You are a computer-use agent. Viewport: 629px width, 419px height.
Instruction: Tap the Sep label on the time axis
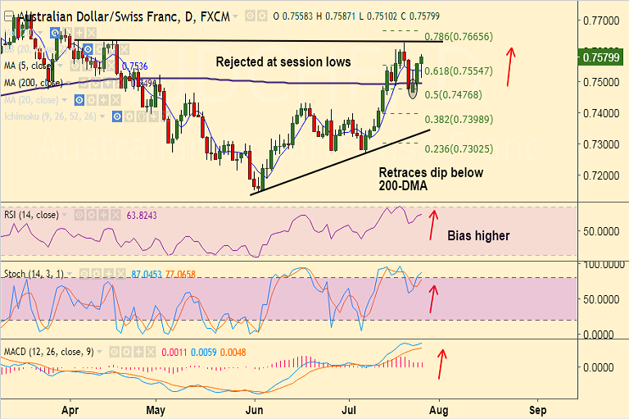538,407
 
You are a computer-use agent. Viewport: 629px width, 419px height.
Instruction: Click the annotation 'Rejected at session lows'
283,61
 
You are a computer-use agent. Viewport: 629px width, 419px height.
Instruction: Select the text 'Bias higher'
478,236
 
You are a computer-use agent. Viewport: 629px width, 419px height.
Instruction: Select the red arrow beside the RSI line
433,224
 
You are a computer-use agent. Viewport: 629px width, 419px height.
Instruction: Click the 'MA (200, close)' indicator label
34,83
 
